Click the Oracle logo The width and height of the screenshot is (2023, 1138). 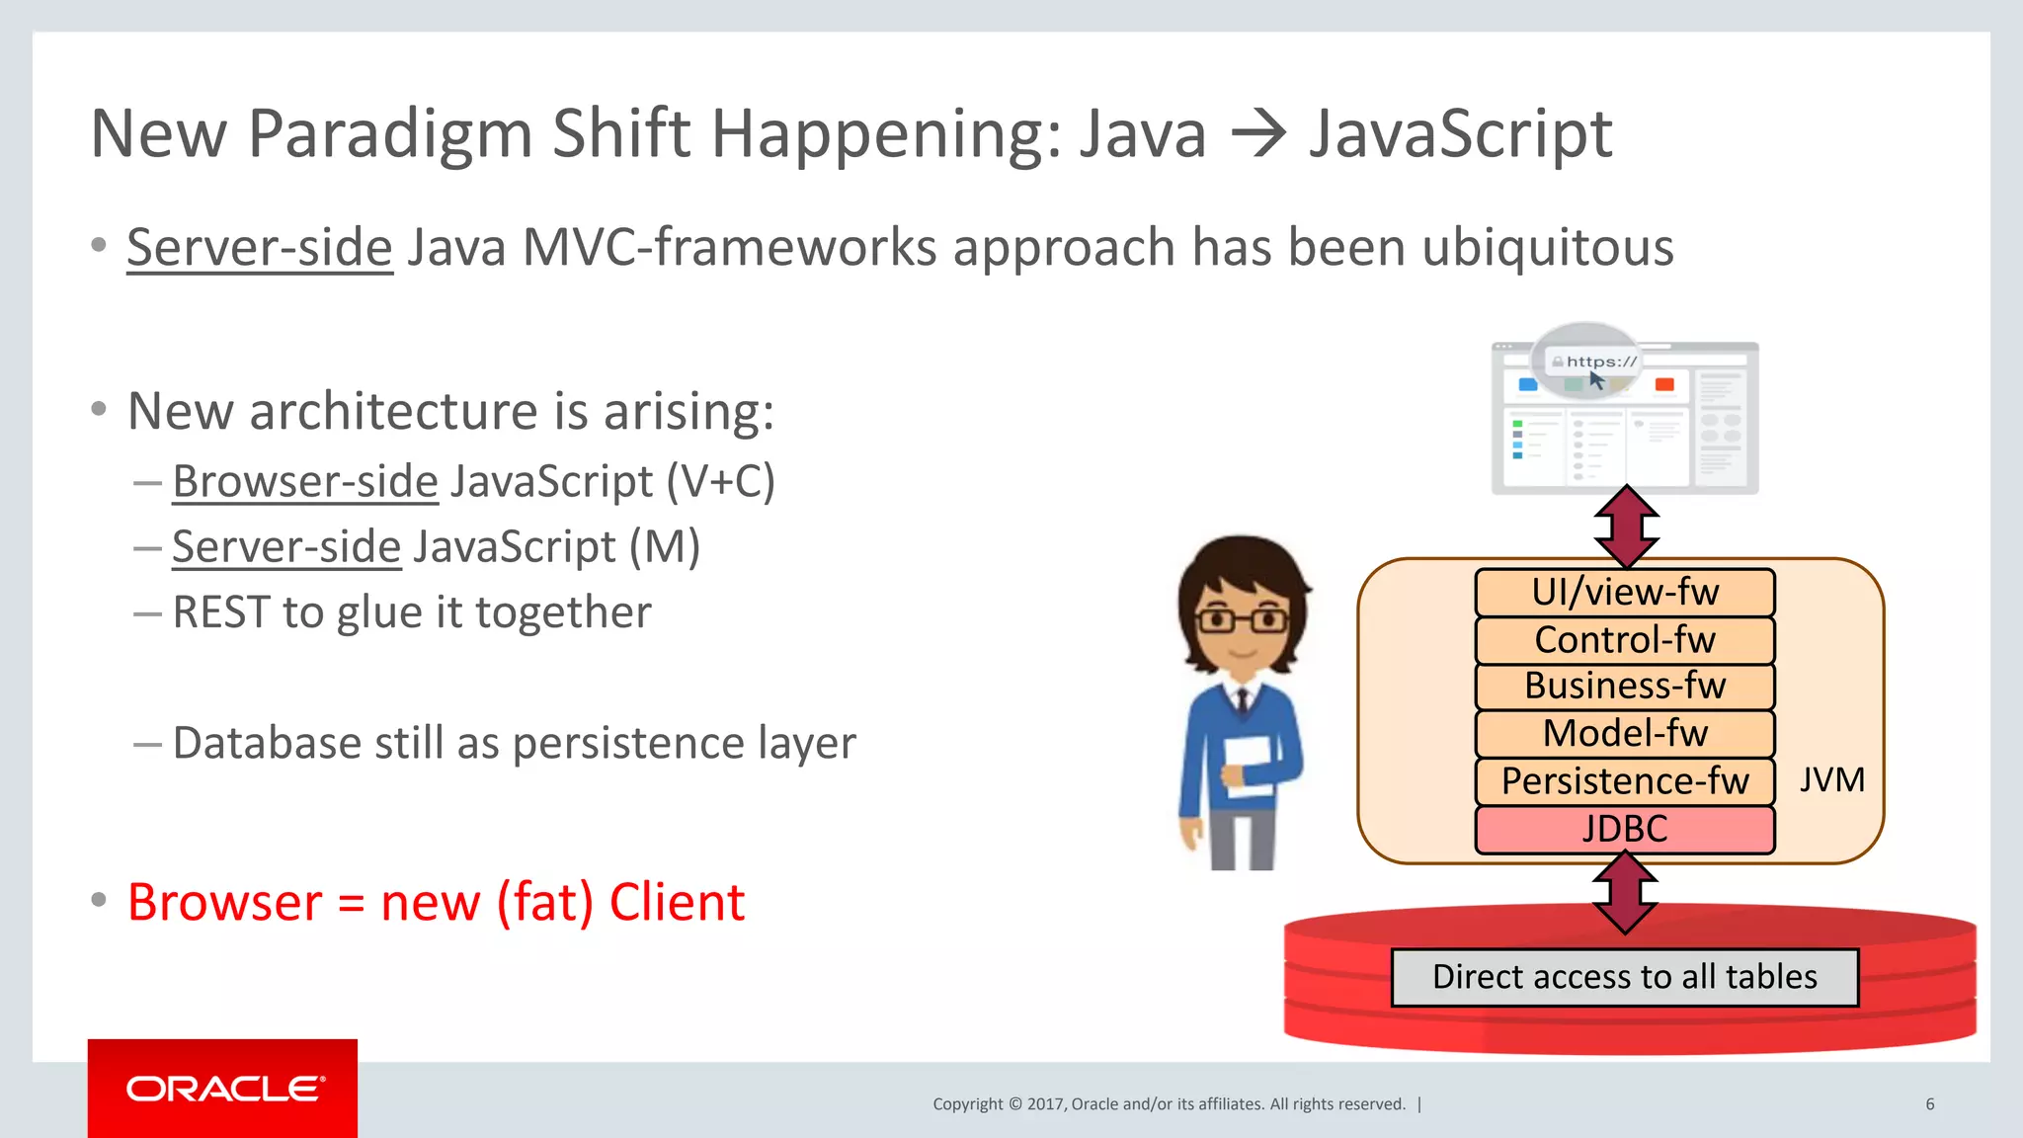223,1089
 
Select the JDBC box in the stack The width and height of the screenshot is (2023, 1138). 1625,830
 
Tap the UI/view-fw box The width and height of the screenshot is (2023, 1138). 1625,593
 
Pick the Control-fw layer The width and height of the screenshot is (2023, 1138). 1625,640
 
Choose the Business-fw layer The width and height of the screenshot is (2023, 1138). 1625,687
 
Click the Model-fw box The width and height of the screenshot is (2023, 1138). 1625,734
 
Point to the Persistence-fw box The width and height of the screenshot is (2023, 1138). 1625,781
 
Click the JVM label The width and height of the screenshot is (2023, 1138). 1831,780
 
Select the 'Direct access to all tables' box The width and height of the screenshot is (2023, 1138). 1625,978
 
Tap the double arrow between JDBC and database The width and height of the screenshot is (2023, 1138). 1626,893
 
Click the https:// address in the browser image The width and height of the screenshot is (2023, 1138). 1600,362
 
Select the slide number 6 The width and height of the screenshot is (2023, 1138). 1929,1104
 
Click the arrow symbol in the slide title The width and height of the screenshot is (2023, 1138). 1258,134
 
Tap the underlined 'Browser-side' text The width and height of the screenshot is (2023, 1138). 305,482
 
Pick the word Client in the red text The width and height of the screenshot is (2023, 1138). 677,903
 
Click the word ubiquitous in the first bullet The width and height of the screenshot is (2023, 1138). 1548,248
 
